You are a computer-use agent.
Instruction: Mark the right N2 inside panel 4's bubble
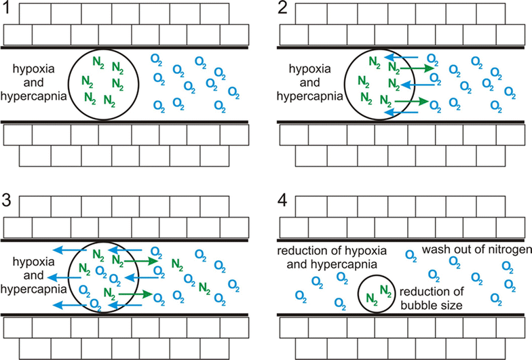click(385, 291)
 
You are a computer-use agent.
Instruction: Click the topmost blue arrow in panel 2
click(407, 58)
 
